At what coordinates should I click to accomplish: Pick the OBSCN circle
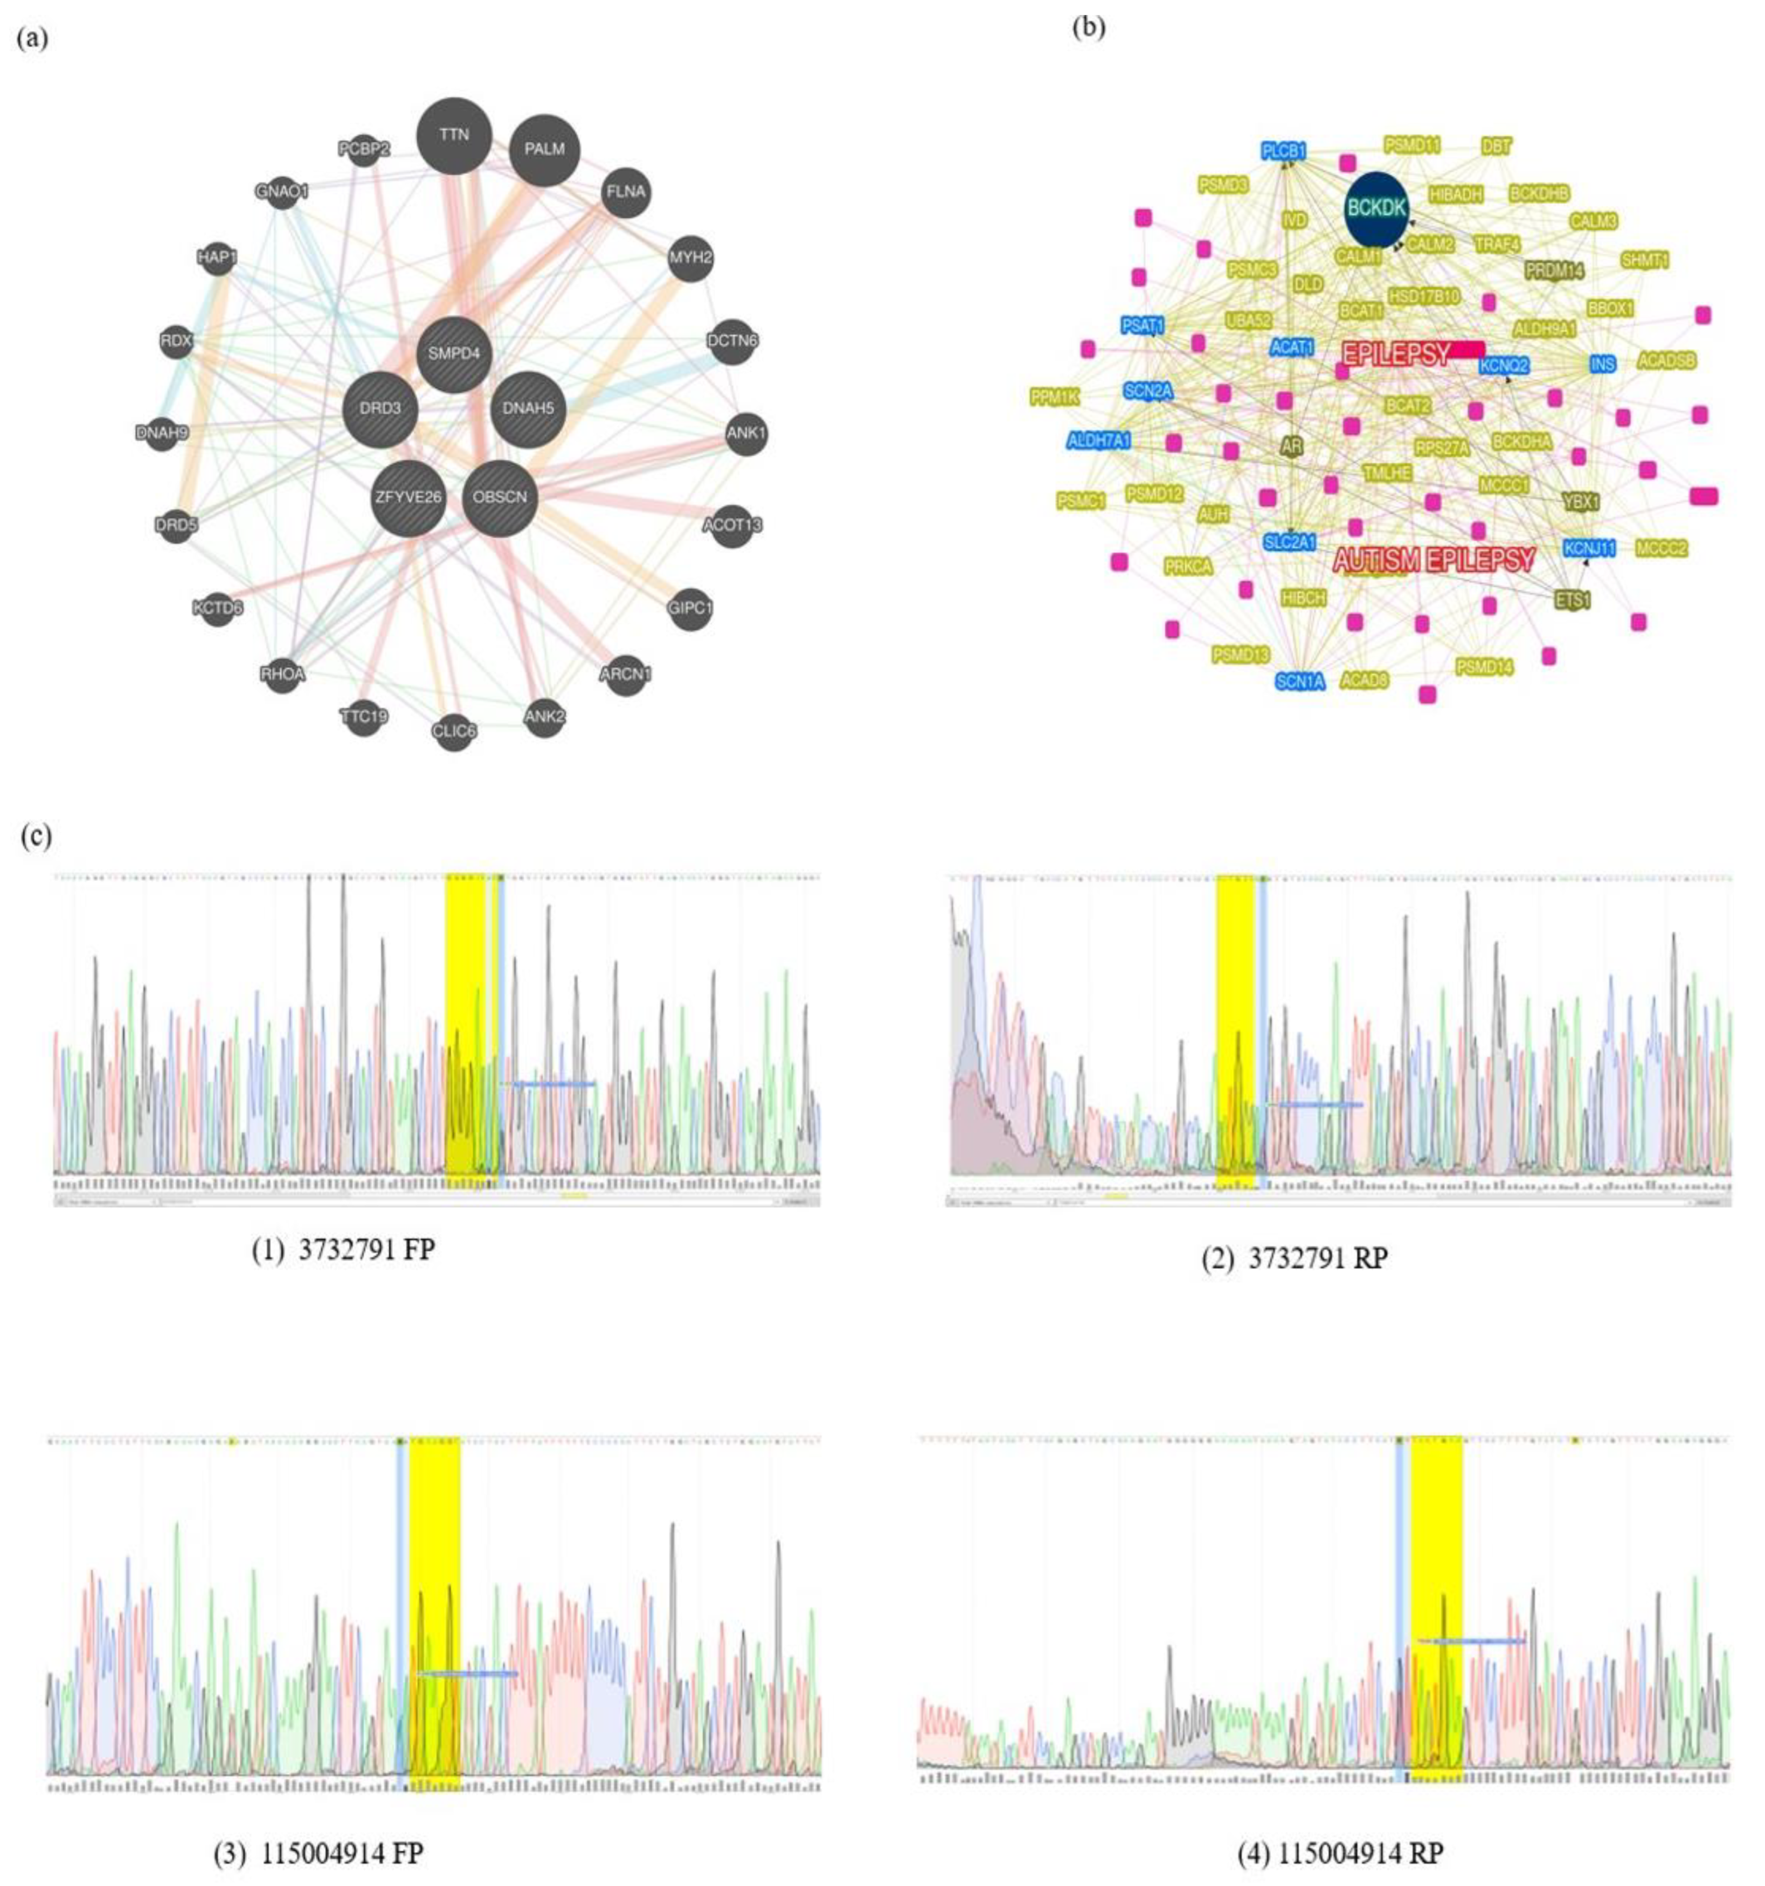point(500,496)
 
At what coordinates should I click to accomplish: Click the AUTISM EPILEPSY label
point(1434,560)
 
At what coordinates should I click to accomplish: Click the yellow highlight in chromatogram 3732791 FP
point(465,1029)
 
